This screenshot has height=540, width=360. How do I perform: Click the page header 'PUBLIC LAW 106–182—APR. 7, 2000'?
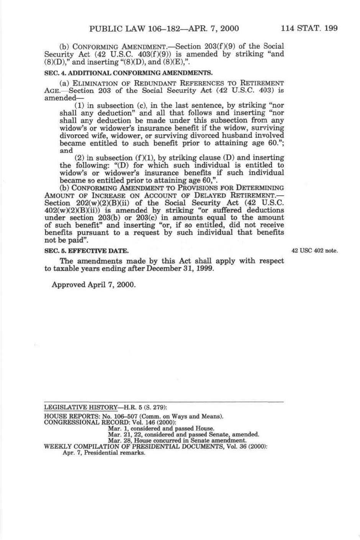pyautogui.click(x=164, y=28)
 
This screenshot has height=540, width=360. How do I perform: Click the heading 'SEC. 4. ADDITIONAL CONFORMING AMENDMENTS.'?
pyautogui.click(x=128, y=72)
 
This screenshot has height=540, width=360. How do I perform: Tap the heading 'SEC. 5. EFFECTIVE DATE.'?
pyautogui.click(x=87, y=251)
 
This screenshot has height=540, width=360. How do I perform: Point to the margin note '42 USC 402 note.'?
pyautogui.click(x=314, y=251)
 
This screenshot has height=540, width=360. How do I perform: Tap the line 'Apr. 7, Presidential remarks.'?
pyautogui.click(x=104, y=453)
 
